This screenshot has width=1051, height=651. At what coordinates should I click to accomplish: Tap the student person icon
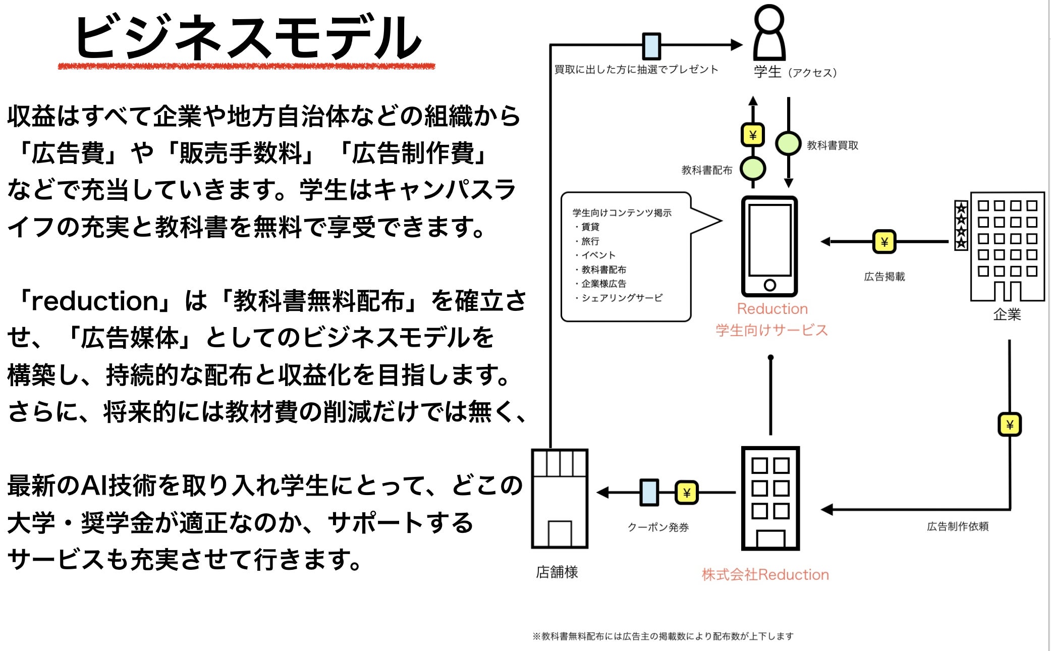769,33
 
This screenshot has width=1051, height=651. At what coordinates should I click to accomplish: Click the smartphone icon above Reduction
769,246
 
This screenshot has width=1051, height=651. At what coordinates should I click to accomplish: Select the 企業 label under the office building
1007,315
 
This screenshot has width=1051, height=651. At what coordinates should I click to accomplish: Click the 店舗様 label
557,572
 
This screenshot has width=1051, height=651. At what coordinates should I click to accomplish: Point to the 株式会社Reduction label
765,574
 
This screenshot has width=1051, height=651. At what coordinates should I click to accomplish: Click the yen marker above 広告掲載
884,242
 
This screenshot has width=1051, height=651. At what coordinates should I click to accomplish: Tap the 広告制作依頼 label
957,526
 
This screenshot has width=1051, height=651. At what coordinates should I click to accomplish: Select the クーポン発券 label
658,527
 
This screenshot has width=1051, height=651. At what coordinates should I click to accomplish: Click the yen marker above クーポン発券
687,493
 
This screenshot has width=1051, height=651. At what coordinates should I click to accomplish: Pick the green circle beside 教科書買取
788,144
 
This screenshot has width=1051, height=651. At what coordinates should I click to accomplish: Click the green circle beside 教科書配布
753,169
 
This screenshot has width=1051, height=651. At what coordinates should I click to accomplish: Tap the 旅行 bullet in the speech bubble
590,241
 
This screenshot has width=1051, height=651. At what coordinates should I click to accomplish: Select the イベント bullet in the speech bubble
598,255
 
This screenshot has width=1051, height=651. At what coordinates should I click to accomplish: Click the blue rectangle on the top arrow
651,46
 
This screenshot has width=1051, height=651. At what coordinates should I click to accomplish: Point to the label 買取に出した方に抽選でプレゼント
636,70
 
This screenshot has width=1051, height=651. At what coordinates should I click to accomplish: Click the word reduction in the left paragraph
95,301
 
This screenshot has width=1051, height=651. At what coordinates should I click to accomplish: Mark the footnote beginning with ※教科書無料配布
662,636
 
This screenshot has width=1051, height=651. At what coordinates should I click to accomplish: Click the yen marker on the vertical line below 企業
1010,424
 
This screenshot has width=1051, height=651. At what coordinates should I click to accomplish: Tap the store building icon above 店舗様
560,499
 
